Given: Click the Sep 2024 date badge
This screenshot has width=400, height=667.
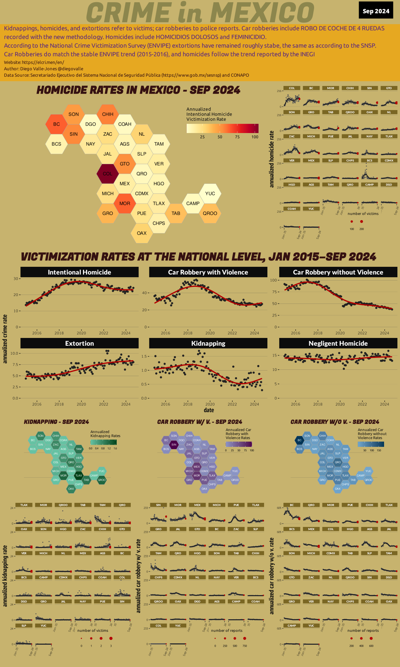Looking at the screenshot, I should coord(376,11).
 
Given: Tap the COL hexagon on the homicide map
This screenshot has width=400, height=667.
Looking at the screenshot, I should coord(107,174).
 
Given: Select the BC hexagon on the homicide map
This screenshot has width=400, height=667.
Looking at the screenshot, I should coord(56,124).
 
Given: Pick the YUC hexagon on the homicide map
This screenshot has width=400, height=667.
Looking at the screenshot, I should coord(210,193).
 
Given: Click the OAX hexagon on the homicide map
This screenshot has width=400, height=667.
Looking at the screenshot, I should coord(141,233).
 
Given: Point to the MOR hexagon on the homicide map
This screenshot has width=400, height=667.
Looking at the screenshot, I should coord(124,203).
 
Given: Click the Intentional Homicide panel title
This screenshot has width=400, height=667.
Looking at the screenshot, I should coord(79,272).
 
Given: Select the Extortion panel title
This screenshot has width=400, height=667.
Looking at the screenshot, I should coord(79,344).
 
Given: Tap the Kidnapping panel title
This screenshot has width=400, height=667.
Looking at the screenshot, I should coord(208,344).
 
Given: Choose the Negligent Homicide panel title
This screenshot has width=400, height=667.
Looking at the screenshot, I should coord(338,344).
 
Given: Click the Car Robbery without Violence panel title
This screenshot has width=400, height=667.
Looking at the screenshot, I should coord(338,272).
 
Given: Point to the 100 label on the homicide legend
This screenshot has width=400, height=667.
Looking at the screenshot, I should coord(255,137).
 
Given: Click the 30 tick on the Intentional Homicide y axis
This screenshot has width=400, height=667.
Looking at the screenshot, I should coord(16,279).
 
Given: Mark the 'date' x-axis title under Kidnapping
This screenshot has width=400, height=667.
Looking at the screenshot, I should coord(209,410).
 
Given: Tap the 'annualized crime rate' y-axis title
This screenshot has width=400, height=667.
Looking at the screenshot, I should coord(5,339).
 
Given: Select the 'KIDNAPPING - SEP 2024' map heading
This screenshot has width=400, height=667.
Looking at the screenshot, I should coord(56,422).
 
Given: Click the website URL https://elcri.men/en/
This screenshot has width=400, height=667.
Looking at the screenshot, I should coord(43,62).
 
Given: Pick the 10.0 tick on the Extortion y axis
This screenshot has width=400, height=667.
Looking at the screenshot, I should coord(14,354).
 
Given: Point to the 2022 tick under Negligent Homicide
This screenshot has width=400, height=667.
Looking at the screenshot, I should coord(362,404).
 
